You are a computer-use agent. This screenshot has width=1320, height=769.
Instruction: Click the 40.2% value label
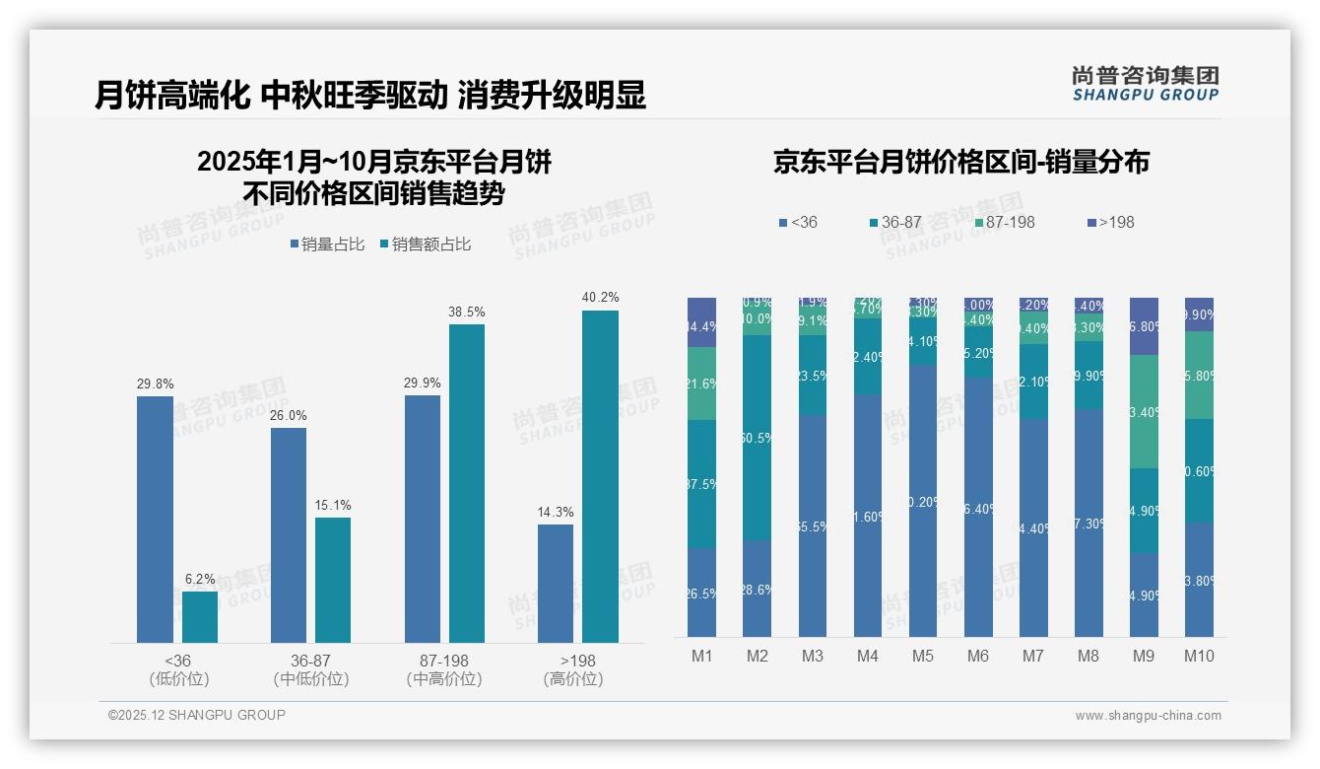[600, 297]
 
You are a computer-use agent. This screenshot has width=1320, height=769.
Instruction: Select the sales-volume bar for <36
[155, 520]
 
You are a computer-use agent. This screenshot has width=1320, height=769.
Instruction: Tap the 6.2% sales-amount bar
[200, 617]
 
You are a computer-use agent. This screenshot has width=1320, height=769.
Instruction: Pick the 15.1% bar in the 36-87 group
[333, 580]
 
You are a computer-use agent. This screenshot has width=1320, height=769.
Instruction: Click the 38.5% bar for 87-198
[467, 483]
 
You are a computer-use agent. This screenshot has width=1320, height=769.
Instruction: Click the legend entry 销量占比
[327, 245]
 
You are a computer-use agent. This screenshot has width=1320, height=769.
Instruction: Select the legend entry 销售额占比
[425, 245]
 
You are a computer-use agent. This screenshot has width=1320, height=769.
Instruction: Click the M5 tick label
[923, 656]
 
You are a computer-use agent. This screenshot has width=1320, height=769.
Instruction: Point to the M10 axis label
[1199, 656]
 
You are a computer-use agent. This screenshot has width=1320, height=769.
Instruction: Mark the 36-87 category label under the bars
[311, 660]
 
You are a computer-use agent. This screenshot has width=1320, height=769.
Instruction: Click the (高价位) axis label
[573, 679]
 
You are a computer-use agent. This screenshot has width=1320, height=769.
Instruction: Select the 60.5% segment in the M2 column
[757, 437]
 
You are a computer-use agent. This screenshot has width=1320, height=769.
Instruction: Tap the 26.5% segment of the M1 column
[701, 592]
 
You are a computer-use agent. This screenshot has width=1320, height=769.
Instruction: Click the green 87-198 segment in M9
[1144, 411]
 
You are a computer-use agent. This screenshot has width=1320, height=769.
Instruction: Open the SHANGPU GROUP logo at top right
[1145, 84]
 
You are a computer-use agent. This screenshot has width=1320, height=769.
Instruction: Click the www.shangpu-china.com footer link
[1148, 716]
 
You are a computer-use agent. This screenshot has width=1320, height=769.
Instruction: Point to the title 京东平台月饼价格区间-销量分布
[960, 163]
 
